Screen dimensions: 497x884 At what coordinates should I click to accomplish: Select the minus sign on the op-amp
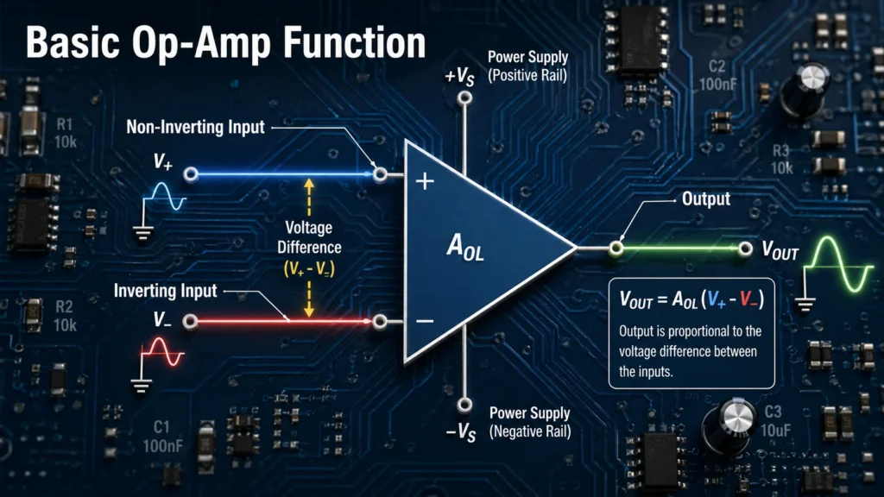click(424, 321)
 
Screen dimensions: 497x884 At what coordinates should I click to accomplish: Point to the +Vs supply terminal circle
click(465, 99)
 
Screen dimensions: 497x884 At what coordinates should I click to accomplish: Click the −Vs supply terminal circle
click(465, 404)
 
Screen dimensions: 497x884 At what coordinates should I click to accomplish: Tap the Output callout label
click(705, 199)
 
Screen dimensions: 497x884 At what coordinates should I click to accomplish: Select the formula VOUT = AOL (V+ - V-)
click(691, 300)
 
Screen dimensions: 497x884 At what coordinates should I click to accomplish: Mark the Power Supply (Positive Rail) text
click(527, 66)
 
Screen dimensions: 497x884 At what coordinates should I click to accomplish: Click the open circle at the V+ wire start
click(191, 174)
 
